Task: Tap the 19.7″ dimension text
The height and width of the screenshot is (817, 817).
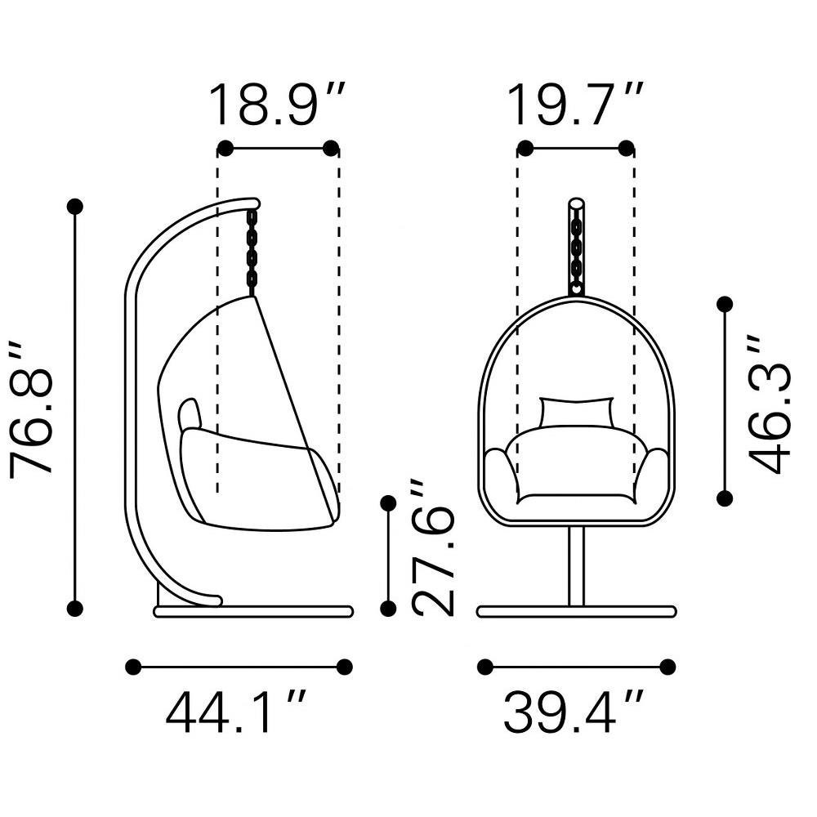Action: pyautogui.click(x=576, y=105)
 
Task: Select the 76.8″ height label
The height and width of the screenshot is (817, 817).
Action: pyautogui.click(x=31, y=409)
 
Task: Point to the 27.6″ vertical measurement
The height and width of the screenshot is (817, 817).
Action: pyautogui.click(x=432, y=547)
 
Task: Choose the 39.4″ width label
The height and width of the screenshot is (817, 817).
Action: pyautogui.click(x=574, y=712)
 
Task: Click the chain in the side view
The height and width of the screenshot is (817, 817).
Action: pyautogui.click(x=252, y=252)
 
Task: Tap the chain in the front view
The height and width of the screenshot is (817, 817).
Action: pyautogui.click(x=576, y=255)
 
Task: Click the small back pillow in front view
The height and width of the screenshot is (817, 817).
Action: pyautogui.click(x=577, y=412)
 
